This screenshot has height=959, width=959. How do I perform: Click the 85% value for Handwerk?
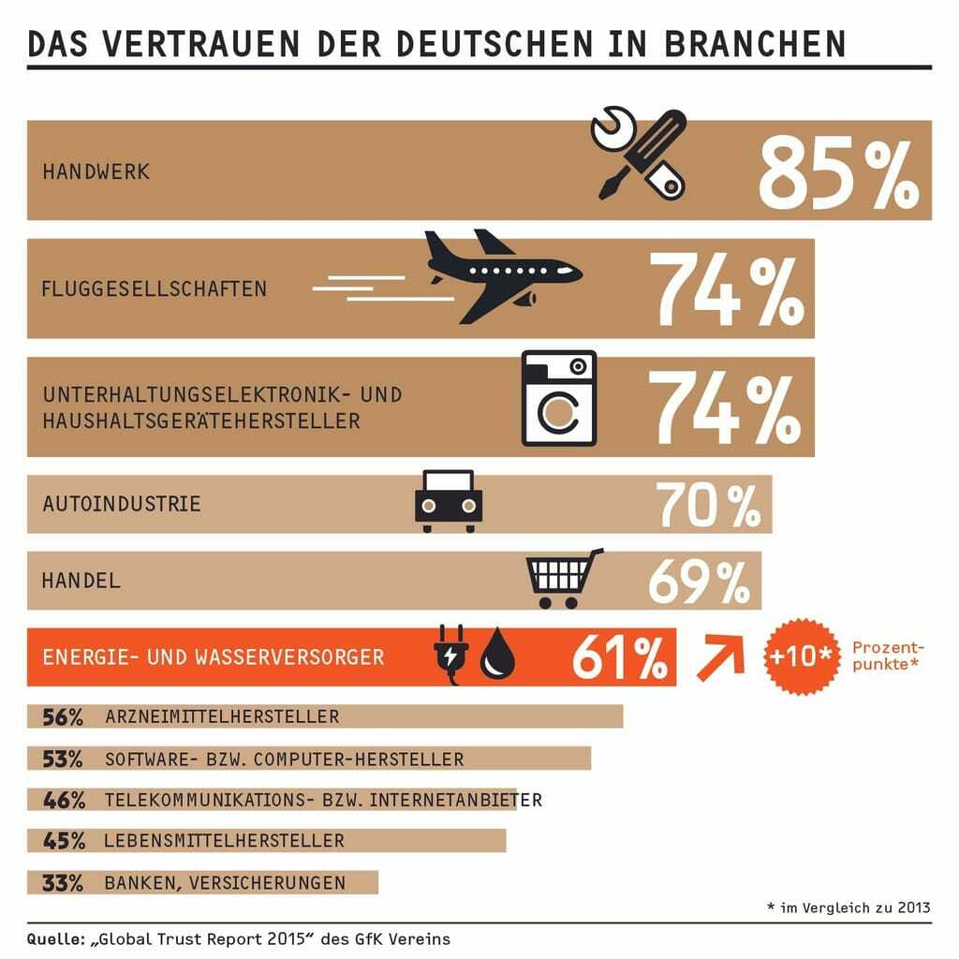(x=838, y=170)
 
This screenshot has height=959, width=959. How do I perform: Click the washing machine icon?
(x=559, y=398)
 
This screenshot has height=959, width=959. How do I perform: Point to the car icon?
(x=448, y=501)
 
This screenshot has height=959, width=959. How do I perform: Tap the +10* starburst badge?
(x=800, y=657)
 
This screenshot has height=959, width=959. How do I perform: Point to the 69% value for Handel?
(x=699, y=581)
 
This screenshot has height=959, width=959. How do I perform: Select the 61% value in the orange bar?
(x=618, y=657)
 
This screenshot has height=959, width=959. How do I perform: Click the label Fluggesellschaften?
(x=155, y=288)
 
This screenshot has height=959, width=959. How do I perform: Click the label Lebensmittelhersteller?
(x=225, y=841)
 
